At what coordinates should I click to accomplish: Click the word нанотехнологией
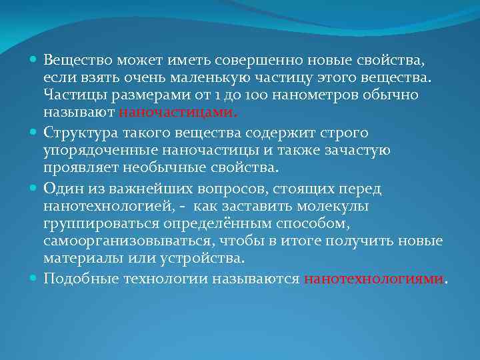[102, 205]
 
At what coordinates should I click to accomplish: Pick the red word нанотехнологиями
[373, 279]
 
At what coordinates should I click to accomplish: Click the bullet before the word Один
[34, 188]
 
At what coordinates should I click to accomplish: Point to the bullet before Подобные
[34, 278]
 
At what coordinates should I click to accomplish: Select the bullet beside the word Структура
[34, 132]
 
